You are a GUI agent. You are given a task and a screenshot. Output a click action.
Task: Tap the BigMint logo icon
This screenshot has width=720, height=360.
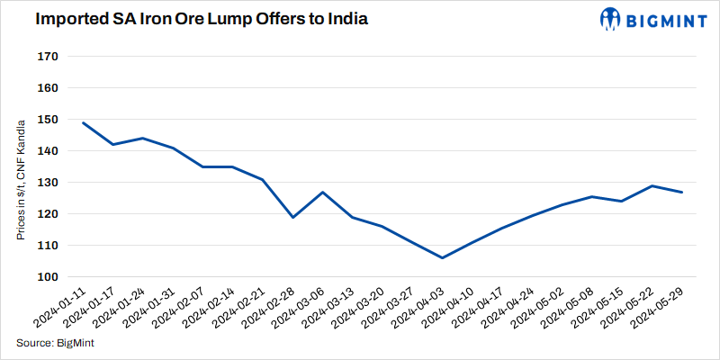coord(610,19)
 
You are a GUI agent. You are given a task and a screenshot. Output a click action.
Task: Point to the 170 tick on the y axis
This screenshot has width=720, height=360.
coord(48,57)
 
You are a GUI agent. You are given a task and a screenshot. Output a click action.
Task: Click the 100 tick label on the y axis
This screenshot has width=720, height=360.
coord(48,277)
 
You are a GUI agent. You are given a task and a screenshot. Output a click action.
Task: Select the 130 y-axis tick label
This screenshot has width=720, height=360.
coord(48,183)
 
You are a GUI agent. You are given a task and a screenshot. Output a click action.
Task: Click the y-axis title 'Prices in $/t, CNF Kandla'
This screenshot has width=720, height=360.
coord(20,182)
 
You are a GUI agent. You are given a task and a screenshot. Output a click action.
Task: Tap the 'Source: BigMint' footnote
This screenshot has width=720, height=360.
coord(56,343)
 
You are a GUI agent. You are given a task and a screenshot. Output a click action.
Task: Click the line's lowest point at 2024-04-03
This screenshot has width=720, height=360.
coord(442,257)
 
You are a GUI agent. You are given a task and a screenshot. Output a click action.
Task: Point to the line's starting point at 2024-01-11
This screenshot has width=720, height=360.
coord(83,122)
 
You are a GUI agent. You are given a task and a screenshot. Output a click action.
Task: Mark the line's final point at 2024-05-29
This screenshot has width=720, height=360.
coord(681,192)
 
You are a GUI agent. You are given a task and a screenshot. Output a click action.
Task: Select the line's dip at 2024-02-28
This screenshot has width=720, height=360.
coord(292,217)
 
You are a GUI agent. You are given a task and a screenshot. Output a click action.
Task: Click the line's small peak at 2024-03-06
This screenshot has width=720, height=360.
coord(322,192)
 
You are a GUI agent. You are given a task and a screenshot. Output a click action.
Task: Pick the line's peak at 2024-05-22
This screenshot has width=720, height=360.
coord(652,185)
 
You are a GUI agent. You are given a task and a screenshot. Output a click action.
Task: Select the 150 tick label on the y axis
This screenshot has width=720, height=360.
coord(48,120)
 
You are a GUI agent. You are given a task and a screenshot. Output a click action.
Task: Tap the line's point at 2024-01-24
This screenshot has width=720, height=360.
coord(143,138)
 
